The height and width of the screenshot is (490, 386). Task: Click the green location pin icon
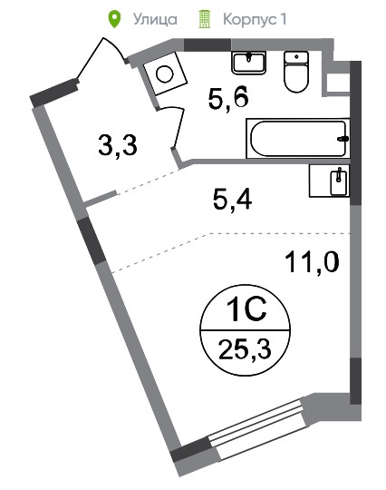click(114, 19)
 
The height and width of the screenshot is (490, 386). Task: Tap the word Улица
click(156, 19)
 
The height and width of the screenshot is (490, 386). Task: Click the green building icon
click(205, 19)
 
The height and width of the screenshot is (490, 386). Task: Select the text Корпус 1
click(255, 20)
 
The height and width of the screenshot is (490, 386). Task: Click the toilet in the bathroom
click(296, 72)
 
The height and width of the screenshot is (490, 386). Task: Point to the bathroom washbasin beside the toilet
click(248, 63)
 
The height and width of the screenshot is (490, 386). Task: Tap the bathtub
click(298, 139)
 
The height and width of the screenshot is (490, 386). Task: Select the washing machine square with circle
click(165, 74)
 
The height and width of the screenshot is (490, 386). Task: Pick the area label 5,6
click(228, 97)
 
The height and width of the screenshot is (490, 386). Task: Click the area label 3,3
click(118, 145)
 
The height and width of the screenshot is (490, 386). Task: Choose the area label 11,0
click(312, 262)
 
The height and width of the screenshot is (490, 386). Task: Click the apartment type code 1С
click(246, 309)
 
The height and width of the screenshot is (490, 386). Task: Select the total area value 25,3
click(245, 349)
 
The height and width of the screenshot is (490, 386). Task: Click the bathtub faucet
click(343, 139)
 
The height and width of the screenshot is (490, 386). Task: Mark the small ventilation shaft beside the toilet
click(337, 83)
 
